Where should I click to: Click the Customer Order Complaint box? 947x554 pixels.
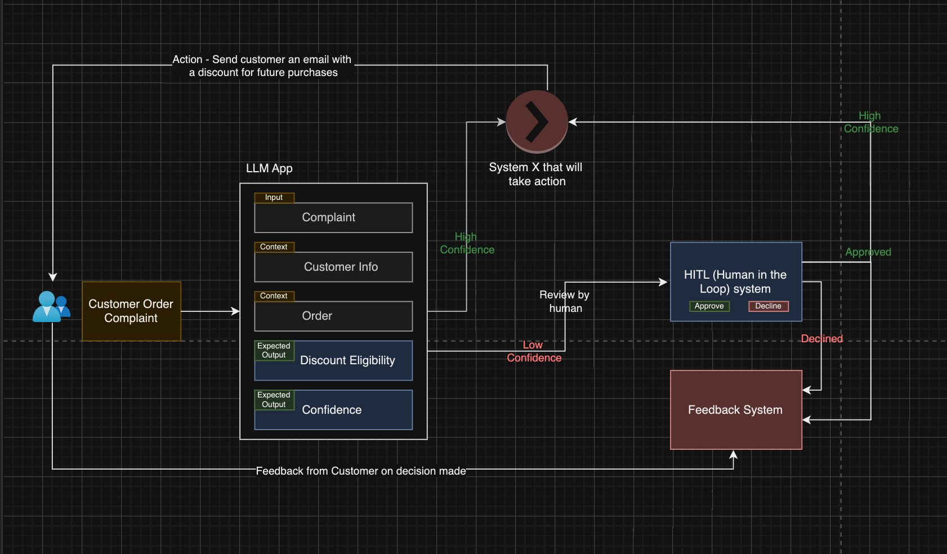[131, 311]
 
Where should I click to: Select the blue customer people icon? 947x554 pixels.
[51, 307]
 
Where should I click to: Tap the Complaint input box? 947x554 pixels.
[333, 218]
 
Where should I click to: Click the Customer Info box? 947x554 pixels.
[333, 267]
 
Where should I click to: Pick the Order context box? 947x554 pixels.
[333, 316]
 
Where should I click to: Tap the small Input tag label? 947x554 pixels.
[274, 198]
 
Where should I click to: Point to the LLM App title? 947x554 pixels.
[269, 168]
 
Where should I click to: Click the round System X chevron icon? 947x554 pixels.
[537, 122]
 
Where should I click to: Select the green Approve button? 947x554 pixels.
[709, 306]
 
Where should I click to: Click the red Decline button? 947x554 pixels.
[768, 306]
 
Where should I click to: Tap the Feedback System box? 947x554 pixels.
[735, 410]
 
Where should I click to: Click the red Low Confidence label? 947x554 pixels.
[534, 351]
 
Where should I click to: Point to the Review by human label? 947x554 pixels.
[564, 301]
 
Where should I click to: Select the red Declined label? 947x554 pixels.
[821, 338]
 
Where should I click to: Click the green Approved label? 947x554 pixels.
[868, 252]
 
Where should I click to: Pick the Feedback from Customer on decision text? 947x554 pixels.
[360, 471]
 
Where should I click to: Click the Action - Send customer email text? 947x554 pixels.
[262, 66]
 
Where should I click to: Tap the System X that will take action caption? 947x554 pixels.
[536, 174]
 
